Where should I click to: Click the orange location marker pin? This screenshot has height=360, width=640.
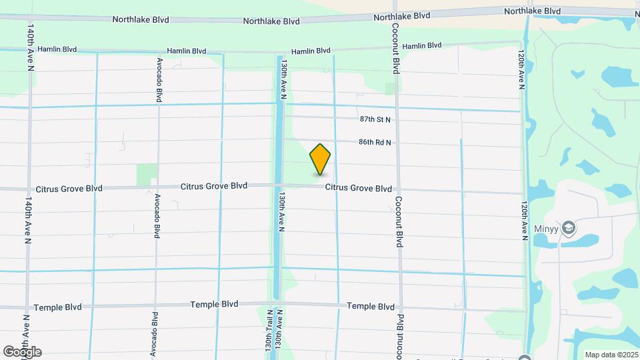pyautogui.click(x=321, y=159)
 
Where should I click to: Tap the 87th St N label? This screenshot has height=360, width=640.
pyautogui.click(x=375, y=119)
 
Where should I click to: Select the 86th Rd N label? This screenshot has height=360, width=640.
pyautogui.click(x=375, y=143)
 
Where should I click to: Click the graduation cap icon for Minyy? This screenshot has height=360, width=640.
pyautogui.click(x=569, y=228)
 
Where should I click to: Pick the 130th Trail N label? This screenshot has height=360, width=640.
pyautogui.click(x=269, y=331)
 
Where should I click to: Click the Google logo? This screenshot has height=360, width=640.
pyautogui.click(x=22, y=352)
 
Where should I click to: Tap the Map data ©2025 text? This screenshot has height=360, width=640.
pyautogui.click(x=610, y=355)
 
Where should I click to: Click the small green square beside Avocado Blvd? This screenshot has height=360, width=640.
pyautogui.click(x=147, y=175)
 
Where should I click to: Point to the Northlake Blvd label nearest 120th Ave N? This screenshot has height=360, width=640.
pyautogui.click(x=532, y=11)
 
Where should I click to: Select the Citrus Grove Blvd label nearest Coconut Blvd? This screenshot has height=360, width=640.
pyautogui.click(x=358, y=189)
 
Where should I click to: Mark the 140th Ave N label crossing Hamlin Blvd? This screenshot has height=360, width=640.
pyautogui.click(x=30, y=48)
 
